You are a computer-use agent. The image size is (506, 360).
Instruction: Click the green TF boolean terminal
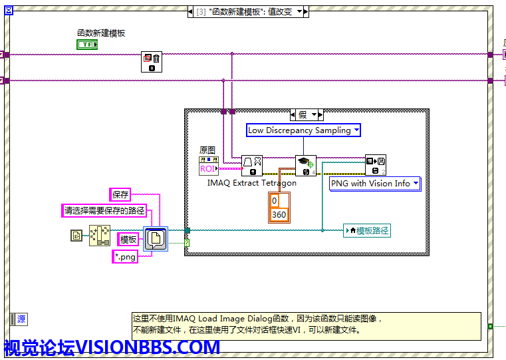pyautogui.click(x=86, y=45)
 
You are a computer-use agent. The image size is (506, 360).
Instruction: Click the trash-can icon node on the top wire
pyautogui.click(x=152, y=63)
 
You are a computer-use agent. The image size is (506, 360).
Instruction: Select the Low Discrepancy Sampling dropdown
pyautogui.click(x=303, y=130)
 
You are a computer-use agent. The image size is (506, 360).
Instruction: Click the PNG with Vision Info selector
pyautogui.click(x=375, y=183)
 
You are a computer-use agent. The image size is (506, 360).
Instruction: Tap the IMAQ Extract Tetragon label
pyautogui.click(x=252, y=183)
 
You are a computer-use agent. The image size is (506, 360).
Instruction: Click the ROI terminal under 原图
pyautogui.click(x=208, y=168)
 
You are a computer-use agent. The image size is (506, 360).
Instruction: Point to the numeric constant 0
pyautogui.click(x=279, y=201)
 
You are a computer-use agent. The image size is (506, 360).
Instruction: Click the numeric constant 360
pyautogui.click(x=279, y=214)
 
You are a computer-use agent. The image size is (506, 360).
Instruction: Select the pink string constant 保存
pyautogui.click(x=120, y=195)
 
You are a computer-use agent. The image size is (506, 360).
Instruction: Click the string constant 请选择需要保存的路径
pyautogui.click(x=104, y=211)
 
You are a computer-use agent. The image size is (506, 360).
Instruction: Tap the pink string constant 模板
pyautogui.click(x=128, y=239)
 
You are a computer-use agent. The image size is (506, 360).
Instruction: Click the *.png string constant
pyautogui.click(x=124, y=256)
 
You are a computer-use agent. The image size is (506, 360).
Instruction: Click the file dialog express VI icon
pyautogui.click(x=156, y=239)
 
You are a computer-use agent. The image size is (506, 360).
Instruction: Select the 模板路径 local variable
pyautogui.click(x=367, y=231)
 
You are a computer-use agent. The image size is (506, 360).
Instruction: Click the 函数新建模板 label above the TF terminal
pyautogui.click(x=101, y=33)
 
